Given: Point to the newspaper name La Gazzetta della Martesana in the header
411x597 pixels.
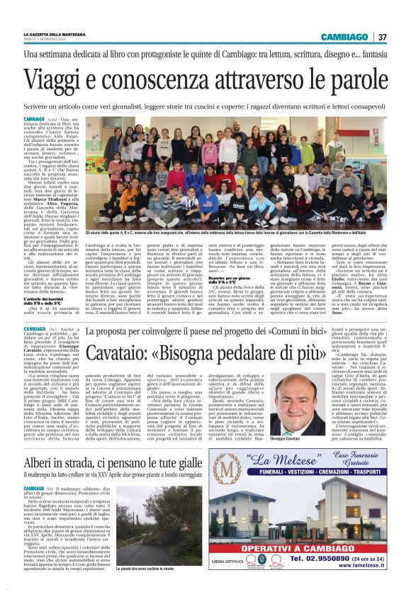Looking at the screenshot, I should tap(55, 33).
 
